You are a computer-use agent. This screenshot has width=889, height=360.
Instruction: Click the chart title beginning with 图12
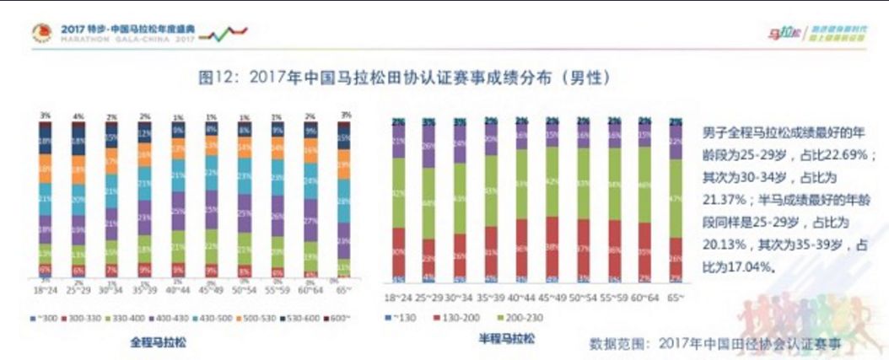(x=403, y=77)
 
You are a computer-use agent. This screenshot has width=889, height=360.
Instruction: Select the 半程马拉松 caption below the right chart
(x=505, y=339)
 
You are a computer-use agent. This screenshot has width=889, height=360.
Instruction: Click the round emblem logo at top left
(x=40, y=34)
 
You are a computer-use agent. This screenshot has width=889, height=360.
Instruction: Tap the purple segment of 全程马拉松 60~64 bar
(x=311, y=223)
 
